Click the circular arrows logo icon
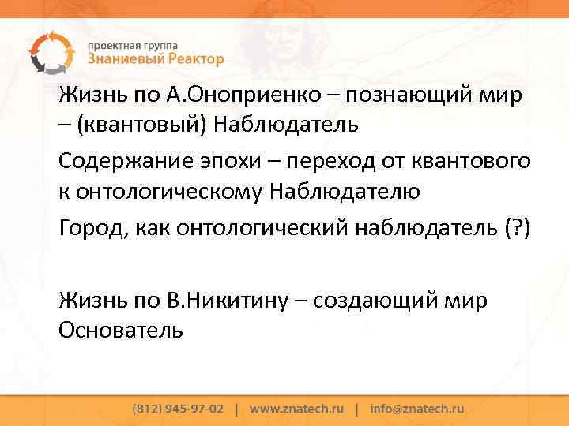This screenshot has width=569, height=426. (x=50, y=50)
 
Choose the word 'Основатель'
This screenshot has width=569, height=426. (x=121, y=329)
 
